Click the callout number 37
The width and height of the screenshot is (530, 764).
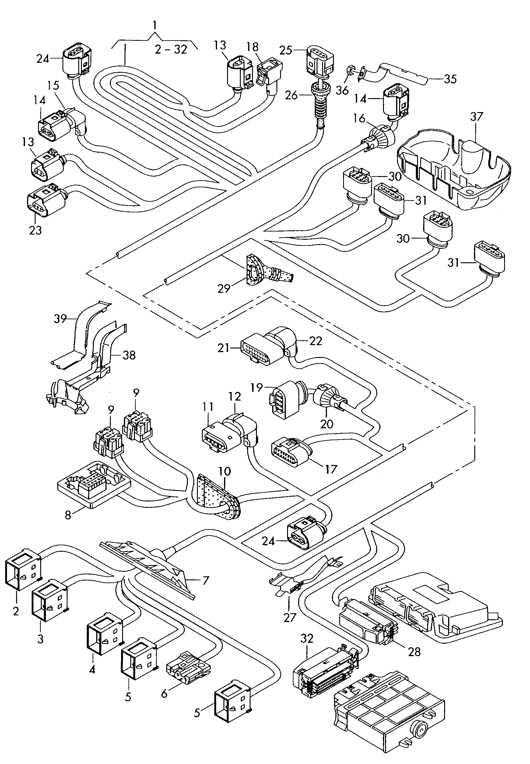click(477, 117)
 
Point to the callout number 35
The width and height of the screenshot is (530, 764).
click(450, 79)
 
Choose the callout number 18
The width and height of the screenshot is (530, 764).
click(253, 47)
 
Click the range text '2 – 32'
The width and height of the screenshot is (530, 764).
click(171, 50)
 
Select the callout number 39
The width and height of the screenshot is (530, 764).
click(60, 319)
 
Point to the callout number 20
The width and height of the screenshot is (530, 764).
click(326, 424)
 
